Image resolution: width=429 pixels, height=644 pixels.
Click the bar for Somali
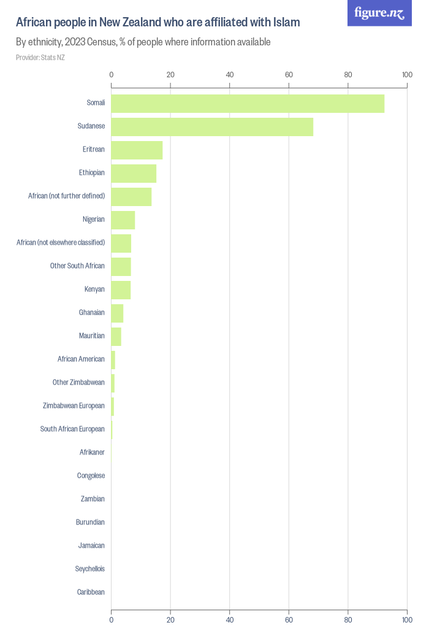(248, 104)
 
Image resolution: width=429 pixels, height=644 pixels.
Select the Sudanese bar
(212, 127)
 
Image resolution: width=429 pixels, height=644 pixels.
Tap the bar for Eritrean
(137, 150)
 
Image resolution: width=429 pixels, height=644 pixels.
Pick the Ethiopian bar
(134, 174)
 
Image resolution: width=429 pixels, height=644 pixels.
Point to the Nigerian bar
(123, 220)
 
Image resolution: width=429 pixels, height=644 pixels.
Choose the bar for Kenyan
(121, 290)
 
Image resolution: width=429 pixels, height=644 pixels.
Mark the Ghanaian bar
(118, 313)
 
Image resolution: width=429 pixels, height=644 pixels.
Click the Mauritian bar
(116, 337)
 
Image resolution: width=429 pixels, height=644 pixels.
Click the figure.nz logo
(379, 13)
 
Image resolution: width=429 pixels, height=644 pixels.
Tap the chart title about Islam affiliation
(158, 22)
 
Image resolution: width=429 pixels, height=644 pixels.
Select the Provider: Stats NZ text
(40, 58)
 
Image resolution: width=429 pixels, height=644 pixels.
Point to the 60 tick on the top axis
(289, 75)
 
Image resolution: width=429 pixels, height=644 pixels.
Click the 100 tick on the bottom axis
(407, 619)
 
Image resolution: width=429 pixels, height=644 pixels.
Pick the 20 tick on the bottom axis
(170, 619)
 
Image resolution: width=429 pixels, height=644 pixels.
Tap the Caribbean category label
(91, 592)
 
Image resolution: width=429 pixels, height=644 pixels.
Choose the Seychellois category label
(90, 569)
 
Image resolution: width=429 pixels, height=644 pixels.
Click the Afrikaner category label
(92, 452)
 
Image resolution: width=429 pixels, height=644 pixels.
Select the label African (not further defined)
(67, 196)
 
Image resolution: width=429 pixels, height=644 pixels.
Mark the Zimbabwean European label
(74, 406)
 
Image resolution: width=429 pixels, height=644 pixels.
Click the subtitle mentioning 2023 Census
(143, 42)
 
